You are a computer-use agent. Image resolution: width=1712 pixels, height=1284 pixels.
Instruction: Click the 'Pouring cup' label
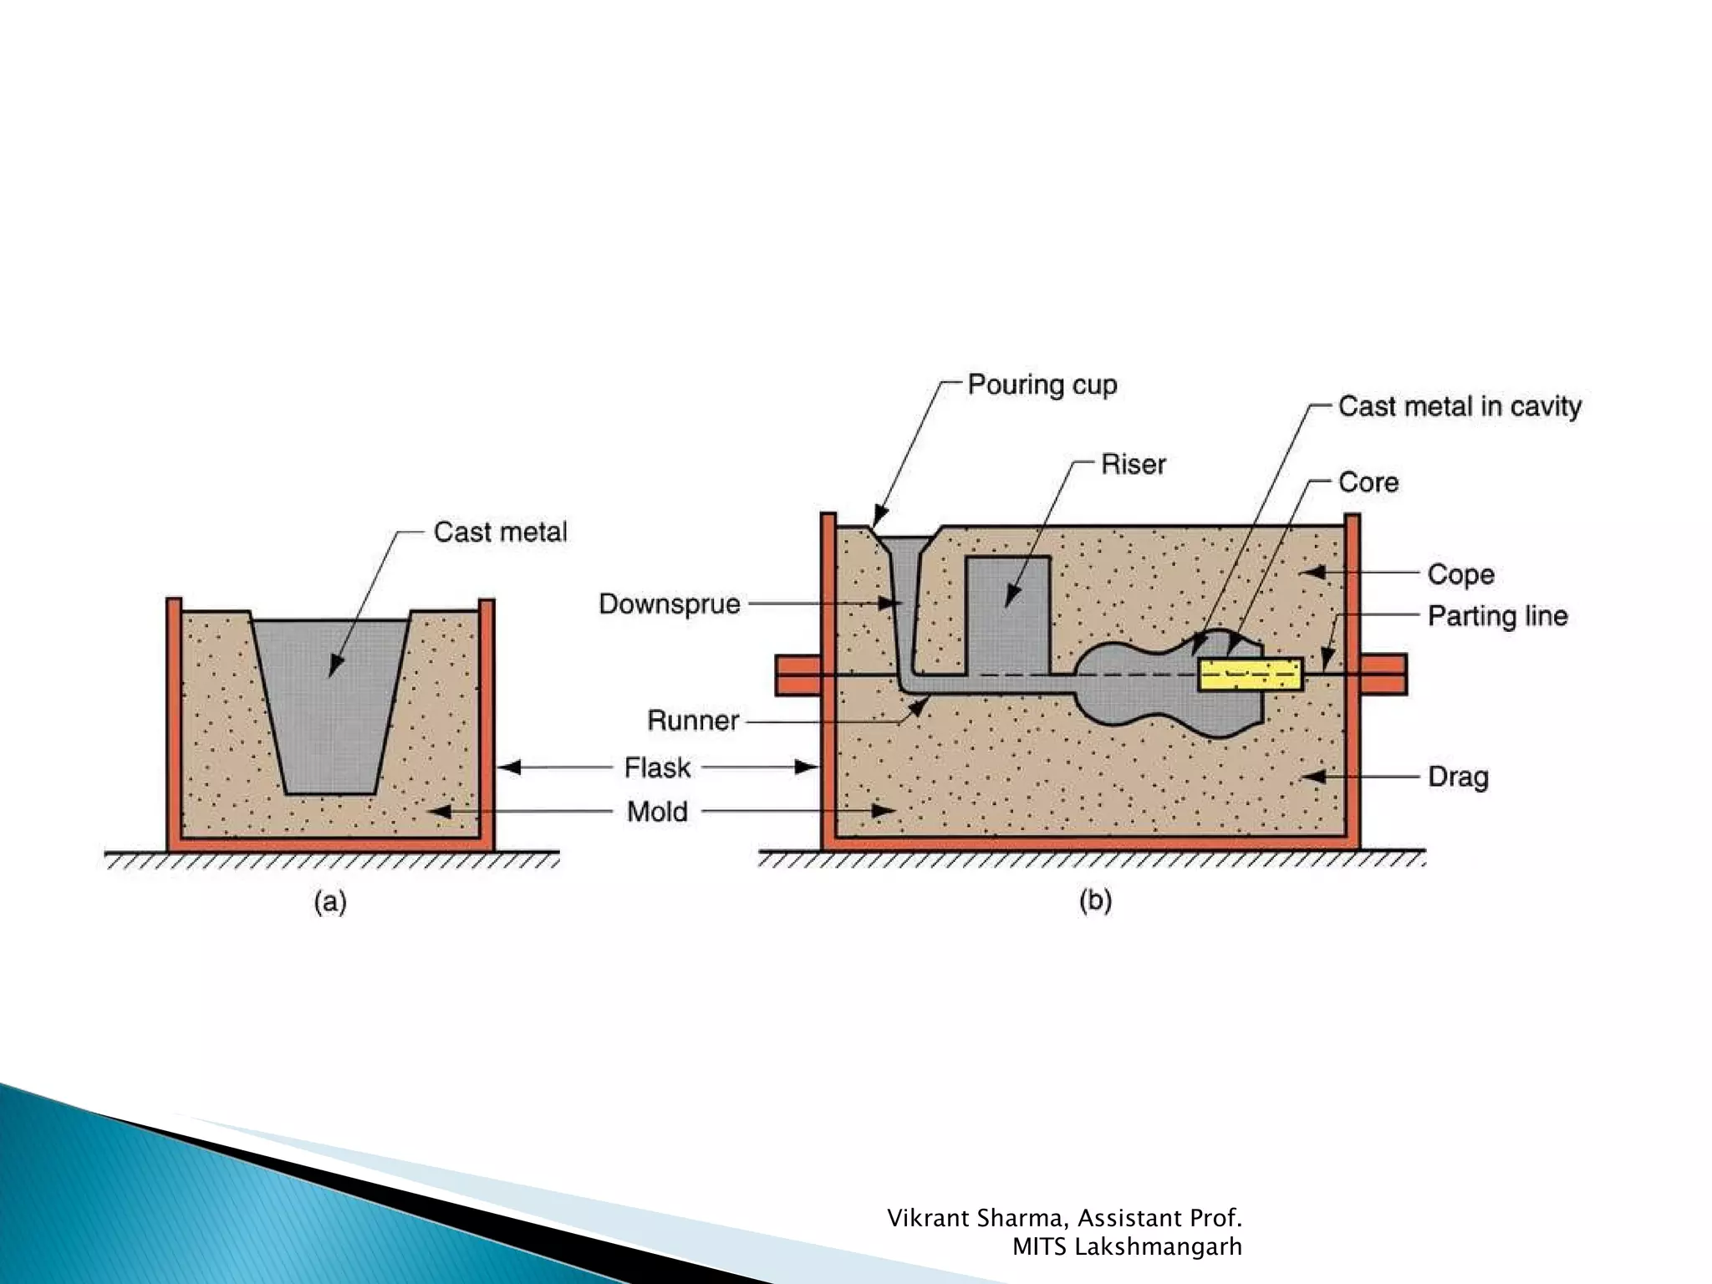click(1042, 385)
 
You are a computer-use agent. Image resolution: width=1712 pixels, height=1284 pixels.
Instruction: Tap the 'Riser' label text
click(1133, 465)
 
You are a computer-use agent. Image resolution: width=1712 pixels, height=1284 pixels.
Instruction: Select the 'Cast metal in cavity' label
click(1460, 407)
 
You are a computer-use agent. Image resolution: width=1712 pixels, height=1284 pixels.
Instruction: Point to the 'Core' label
click(1368, 482)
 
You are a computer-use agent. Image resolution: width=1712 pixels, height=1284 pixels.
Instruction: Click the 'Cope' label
click(1460, 574)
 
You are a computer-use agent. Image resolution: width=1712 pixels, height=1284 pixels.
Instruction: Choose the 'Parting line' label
click(1497, 616)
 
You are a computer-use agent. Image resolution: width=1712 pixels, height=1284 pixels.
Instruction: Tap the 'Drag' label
click(1458, 777)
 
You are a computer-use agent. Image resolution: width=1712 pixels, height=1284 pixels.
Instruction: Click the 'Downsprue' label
click(670, 604)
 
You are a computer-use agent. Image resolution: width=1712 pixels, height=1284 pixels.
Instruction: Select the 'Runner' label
click(693, 721)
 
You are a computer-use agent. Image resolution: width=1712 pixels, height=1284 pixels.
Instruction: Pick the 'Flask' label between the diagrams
click(657, 767)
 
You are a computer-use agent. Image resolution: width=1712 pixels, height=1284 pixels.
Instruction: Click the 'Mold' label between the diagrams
click(657, 812)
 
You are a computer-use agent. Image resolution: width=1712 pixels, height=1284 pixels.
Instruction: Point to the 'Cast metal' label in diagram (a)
click(500, 532)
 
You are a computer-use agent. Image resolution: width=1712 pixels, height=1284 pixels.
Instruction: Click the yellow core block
click(1250, 674)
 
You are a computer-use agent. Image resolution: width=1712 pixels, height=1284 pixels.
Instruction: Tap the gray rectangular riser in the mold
click(1007, 614)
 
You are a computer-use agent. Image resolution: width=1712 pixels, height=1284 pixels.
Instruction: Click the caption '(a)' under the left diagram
click(330, 903)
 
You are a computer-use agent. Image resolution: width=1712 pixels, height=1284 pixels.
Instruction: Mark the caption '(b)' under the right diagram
click(1095, 901)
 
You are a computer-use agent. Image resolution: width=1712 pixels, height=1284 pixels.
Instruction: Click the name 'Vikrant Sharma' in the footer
click(976, 1219)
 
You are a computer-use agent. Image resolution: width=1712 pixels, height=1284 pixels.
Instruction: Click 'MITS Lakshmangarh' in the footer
click(1126, 1247)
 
